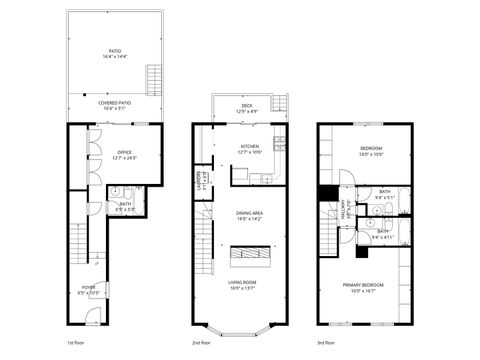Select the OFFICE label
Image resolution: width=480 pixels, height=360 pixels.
tap(124, 155)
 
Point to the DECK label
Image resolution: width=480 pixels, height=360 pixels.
tap(246, 108)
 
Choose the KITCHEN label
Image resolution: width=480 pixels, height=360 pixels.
tap(249, 150)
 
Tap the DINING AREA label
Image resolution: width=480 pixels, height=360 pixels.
tap(249, 215)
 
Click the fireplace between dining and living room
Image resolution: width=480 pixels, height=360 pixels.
tap(248, 256)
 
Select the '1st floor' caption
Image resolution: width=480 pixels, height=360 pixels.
tap(76, 343)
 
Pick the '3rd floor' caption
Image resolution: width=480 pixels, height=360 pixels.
tap(326, 343)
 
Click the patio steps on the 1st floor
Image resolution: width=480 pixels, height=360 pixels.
tap(154, 78)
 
